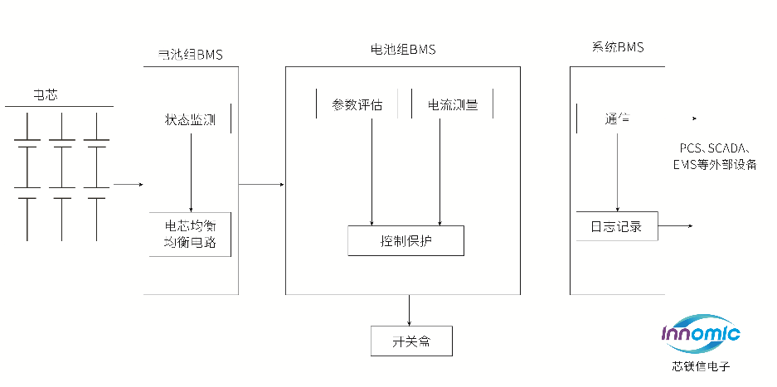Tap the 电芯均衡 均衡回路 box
pyautogui.click(x=191, y=235)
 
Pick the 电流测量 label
pyautogui.click(x=452, y=105)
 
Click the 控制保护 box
pyautogui.click(x=405, y=240)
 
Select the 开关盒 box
pyautogui.click(x=411, y=341)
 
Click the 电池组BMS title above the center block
pyautogui.click(x=402, y=50)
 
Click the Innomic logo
pyautogui.click(x=701, y=334)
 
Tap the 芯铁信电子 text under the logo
pyautogui.click(x=701, y=365)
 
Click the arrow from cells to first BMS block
pyautogui.click(x=129, y=184)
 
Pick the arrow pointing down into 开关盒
pyautogui.click(x=409, y=310)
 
